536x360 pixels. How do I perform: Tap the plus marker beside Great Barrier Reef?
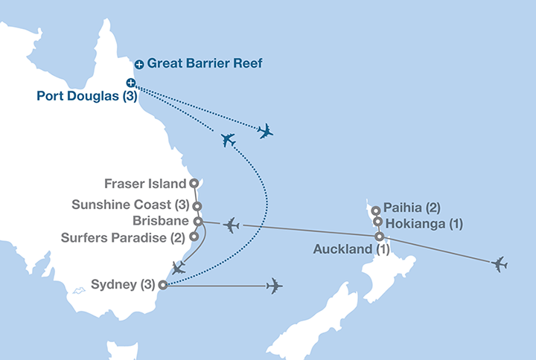(x=139, y=65)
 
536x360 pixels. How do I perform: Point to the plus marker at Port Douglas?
(x=131, y=83)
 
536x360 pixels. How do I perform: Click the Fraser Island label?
(x=147, y=183)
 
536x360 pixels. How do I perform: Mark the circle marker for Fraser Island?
(x=194, y=183)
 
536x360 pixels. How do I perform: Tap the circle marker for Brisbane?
(x=197, y=221)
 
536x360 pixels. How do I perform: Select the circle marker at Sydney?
(x=162, y=285)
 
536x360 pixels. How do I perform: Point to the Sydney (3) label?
(x=122, y=285)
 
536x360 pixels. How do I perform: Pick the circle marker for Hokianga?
(x=378, y=222)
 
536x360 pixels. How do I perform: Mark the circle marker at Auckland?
(x=380, y=237)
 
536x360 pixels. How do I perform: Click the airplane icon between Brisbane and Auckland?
(x=232, y=224)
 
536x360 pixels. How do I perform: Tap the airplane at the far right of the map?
(x=498, y=264)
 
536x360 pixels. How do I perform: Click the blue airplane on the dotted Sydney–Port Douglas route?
(x=229, y=139)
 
